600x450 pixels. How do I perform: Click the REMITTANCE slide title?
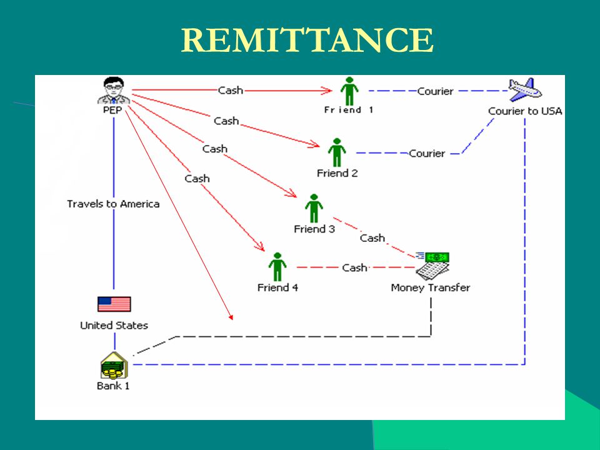(307, 40)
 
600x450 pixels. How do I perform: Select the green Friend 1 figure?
(349, 91)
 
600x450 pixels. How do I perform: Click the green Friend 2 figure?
(337, 152)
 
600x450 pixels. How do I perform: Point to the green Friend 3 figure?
(314, 208)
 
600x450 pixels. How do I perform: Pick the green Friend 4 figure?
(277, 267)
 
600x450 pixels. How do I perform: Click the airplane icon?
(524, 90)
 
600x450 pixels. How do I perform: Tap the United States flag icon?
(114, 304)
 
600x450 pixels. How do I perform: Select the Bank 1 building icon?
(114, 366)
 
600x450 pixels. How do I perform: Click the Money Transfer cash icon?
(432, 266)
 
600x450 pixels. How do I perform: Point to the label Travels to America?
(113, 204)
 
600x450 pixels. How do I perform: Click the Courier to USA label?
(525, 111)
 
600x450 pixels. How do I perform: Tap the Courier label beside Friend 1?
(435, 91)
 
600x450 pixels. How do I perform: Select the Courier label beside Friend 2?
(427, 154)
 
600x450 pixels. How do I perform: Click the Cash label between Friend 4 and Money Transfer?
(354, 267)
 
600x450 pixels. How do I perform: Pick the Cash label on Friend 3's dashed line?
(372, 238)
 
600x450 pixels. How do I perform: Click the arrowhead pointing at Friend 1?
(326, 91)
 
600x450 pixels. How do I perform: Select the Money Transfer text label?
(431, 287)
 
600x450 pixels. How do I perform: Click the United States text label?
(114, 325)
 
